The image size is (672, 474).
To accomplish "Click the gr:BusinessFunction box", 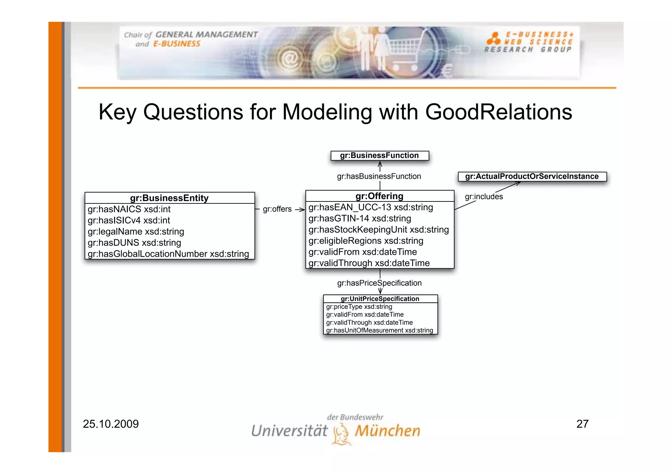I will pyautogui.click(x=380, y=156).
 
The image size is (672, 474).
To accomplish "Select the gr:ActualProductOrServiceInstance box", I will pyautogui.click(x=532, y=177).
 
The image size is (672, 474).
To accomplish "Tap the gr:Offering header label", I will pyautogui.click(x=379, y=196).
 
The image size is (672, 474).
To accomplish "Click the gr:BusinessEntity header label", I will pyautogui.click(x=169, y=198).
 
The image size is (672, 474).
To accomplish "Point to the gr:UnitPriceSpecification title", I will pyautogui.click(x=380, y=299).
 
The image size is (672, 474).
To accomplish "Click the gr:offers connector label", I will pyautogui.click(x=277, y=209).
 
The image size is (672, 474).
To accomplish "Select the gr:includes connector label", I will pyautogui.click(x=484, y=197).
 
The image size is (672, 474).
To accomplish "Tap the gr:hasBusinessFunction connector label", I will pyautogui.click(x=379, y=177).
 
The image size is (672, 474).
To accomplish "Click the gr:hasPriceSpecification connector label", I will pyautogui.click(x=379, y=283).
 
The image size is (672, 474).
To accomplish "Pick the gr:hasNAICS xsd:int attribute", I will pyautogui.click(x=129, y=209).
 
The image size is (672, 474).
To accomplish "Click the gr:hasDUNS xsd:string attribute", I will pyautogui.click(x=134, y=243).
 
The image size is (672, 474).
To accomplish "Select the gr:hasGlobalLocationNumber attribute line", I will pyautogui.click(x=168, y=254).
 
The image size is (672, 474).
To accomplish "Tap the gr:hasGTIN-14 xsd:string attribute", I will pyautogui.click(x=360, y=218).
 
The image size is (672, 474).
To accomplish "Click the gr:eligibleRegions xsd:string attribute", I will pyautogui.click(x=366, y=241).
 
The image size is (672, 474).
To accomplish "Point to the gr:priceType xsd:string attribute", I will pyautogui.click(x=359, y=307).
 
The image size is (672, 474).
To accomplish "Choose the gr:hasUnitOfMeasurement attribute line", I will pyautogui.click(x=379, y=331).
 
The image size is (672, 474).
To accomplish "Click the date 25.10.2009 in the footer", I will pyautogui.click(x=111, y=424).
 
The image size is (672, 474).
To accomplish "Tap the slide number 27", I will pyautogui.click(x=582, y=424).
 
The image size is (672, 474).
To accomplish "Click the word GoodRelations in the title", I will pyautogui.click(x=498, y=112).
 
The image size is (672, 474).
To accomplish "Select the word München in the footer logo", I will pyautogui.click(x=388, y=431).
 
